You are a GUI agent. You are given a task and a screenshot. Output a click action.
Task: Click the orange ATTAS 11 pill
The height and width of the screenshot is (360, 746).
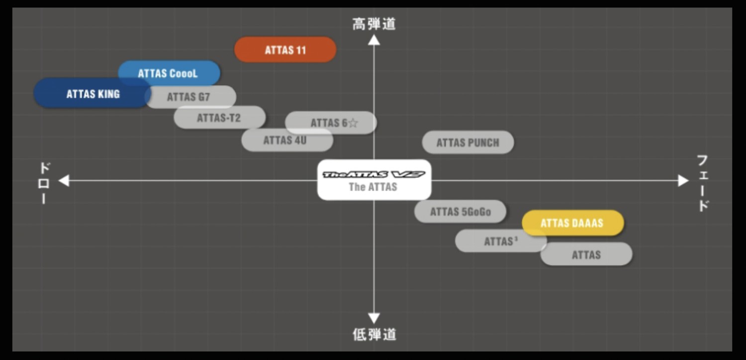pyautogui.click(x=285, y=50)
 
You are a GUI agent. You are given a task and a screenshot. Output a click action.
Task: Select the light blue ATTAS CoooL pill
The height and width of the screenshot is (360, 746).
pyautogui.click(x=169, y=73)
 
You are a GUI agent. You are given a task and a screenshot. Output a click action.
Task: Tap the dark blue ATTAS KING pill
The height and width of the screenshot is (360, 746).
pyautogui.click(x=92, y=93)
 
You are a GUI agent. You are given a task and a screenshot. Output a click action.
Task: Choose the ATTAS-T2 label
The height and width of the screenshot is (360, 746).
pyautogui.click(x=219, y=118)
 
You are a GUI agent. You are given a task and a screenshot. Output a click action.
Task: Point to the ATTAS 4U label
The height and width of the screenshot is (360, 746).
pyautogui.click(x=285, y=140)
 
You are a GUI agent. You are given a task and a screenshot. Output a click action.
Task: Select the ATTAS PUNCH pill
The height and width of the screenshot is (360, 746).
pyautogui.click(x=467, y=143)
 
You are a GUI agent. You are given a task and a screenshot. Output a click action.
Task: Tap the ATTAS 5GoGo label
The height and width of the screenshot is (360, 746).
pyautogui.click(x=460, y=212)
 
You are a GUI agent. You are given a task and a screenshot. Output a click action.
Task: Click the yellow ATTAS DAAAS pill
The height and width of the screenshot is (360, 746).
pyautogui.click(x=572, y=223)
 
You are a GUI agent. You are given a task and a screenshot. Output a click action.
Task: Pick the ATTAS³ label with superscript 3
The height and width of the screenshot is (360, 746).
pyautogui.click(x=500, y=241)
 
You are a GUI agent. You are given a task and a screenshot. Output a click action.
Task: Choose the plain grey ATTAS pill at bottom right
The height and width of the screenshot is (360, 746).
pyautogui.click(x=586, y=255)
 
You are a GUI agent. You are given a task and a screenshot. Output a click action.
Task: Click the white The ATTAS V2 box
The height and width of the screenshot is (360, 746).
pyautogui.click(x=374, y=180)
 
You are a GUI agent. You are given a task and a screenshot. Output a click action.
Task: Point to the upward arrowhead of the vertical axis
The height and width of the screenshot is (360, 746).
pyautogui.click(x=374, y=40)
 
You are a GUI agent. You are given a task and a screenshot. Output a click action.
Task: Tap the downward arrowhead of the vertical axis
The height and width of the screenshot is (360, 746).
pyautogui.click(x=374, y=318)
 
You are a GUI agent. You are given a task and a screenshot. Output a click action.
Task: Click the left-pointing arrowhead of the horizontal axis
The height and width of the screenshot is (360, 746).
pyautogui.click(x=64, y=180)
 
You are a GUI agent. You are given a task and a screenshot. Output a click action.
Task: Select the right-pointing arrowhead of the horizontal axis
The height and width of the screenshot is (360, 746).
pyautogui.click(x=684, y=180)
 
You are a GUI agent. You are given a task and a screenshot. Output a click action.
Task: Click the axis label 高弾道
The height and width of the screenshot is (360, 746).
pyautogui.click(x=374, y=24)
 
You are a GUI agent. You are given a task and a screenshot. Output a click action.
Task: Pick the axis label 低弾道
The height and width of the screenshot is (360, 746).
pyautogui.click(x=374, y=335)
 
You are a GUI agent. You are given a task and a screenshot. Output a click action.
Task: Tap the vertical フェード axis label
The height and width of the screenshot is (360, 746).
pyautogui.click(x=703, y=182)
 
